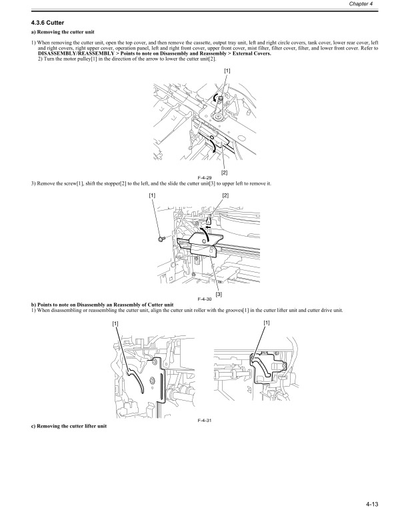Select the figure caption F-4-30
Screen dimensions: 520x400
[205, 300]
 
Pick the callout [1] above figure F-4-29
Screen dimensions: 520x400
[228, 71]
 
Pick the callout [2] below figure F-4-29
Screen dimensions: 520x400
[224, 173]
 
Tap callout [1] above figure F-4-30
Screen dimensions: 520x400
[153, 195]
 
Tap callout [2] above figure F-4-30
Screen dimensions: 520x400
[225, 195]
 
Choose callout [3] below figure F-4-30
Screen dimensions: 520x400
[219, 294]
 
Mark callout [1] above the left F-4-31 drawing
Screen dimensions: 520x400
[116, 323]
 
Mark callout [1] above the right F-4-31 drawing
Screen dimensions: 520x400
[267, 323]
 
